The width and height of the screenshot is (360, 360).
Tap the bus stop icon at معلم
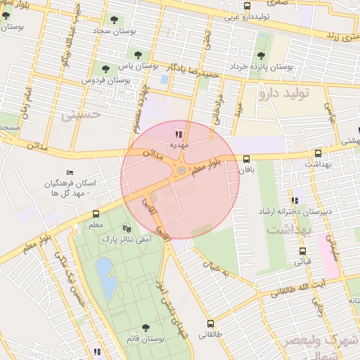[x=96, y=214]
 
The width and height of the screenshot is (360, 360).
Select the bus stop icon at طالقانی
[x=210, y=324]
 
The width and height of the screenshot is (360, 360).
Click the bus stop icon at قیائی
[x=303, y=251]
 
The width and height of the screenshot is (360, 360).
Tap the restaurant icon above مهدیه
[x=179, y=134]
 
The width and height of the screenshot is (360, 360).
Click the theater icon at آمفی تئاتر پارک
[x=127, y=229]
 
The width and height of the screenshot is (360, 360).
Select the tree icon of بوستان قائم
[x=146, y=328]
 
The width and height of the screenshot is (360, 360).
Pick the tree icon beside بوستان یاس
[x=105, y=69]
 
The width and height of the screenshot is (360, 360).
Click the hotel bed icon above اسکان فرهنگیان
[x=69, y=173]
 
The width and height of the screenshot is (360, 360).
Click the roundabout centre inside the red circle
[x=181, y=170]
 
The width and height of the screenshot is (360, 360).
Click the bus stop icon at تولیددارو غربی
[x=246, y=6]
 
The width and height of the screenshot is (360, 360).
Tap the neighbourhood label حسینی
[x=82, y=112]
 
